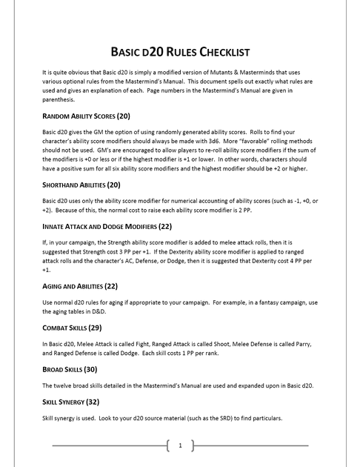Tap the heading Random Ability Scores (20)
click(87, 116)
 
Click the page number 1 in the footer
click(180, 446)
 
